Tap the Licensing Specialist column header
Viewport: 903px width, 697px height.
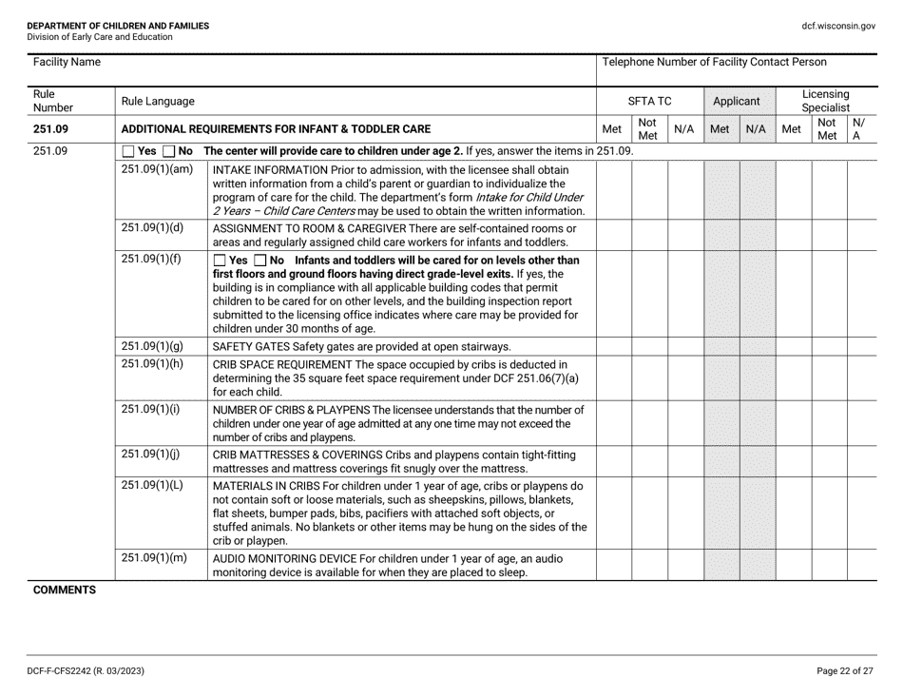coord(826,99)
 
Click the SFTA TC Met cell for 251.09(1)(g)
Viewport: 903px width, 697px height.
coord(614,346)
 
